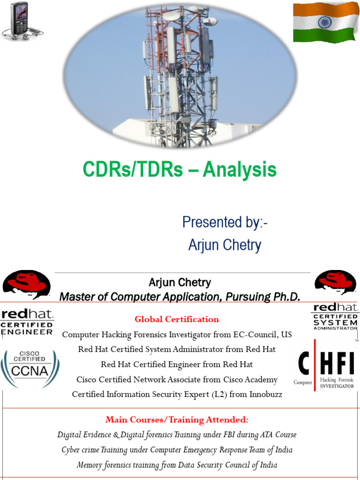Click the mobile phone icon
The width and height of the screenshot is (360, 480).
coord(19,18)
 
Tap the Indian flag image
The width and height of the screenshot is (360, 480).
coord(326,22)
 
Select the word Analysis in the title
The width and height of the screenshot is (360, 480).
coord(240,170)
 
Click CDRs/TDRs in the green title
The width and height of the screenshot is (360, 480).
coord(133,170)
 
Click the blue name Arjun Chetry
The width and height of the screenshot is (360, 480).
coord(225,245)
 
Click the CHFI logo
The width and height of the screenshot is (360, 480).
coord(327,365)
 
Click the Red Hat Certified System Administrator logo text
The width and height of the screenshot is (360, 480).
coord(335,317)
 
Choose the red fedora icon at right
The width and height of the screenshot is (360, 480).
coord(335,282)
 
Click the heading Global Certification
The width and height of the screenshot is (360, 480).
coord(177,319)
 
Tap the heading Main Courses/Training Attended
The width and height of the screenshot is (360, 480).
coord(177,419)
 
